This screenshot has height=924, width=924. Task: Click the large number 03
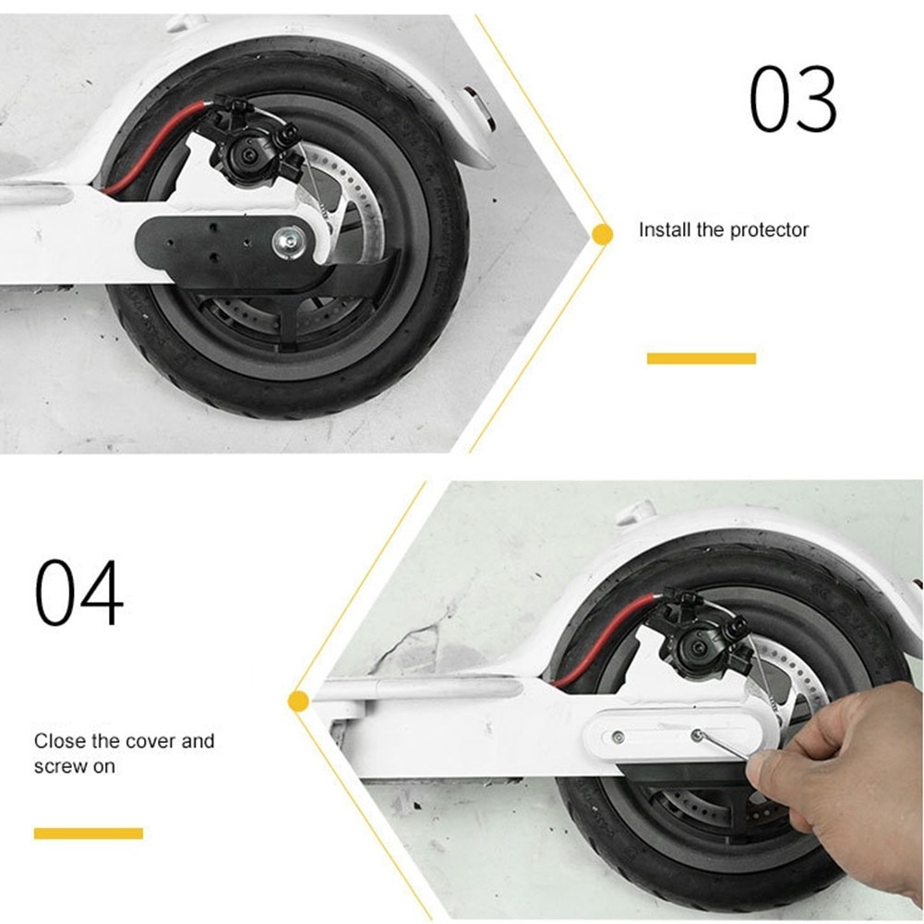pos(793,98)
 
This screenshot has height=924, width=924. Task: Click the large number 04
pos(79,592)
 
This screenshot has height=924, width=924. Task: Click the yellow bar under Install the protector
pos(702,358)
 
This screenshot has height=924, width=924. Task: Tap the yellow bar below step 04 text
pos(89,834)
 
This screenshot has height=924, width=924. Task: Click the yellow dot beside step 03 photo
pos(602,234)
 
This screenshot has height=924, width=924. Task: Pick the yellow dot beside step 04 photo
pos(299,702)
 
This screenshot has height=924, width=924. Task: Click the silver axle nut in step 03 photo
pos(288,240)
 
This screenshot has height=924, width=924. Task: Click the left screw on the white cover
pos(618,737)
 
